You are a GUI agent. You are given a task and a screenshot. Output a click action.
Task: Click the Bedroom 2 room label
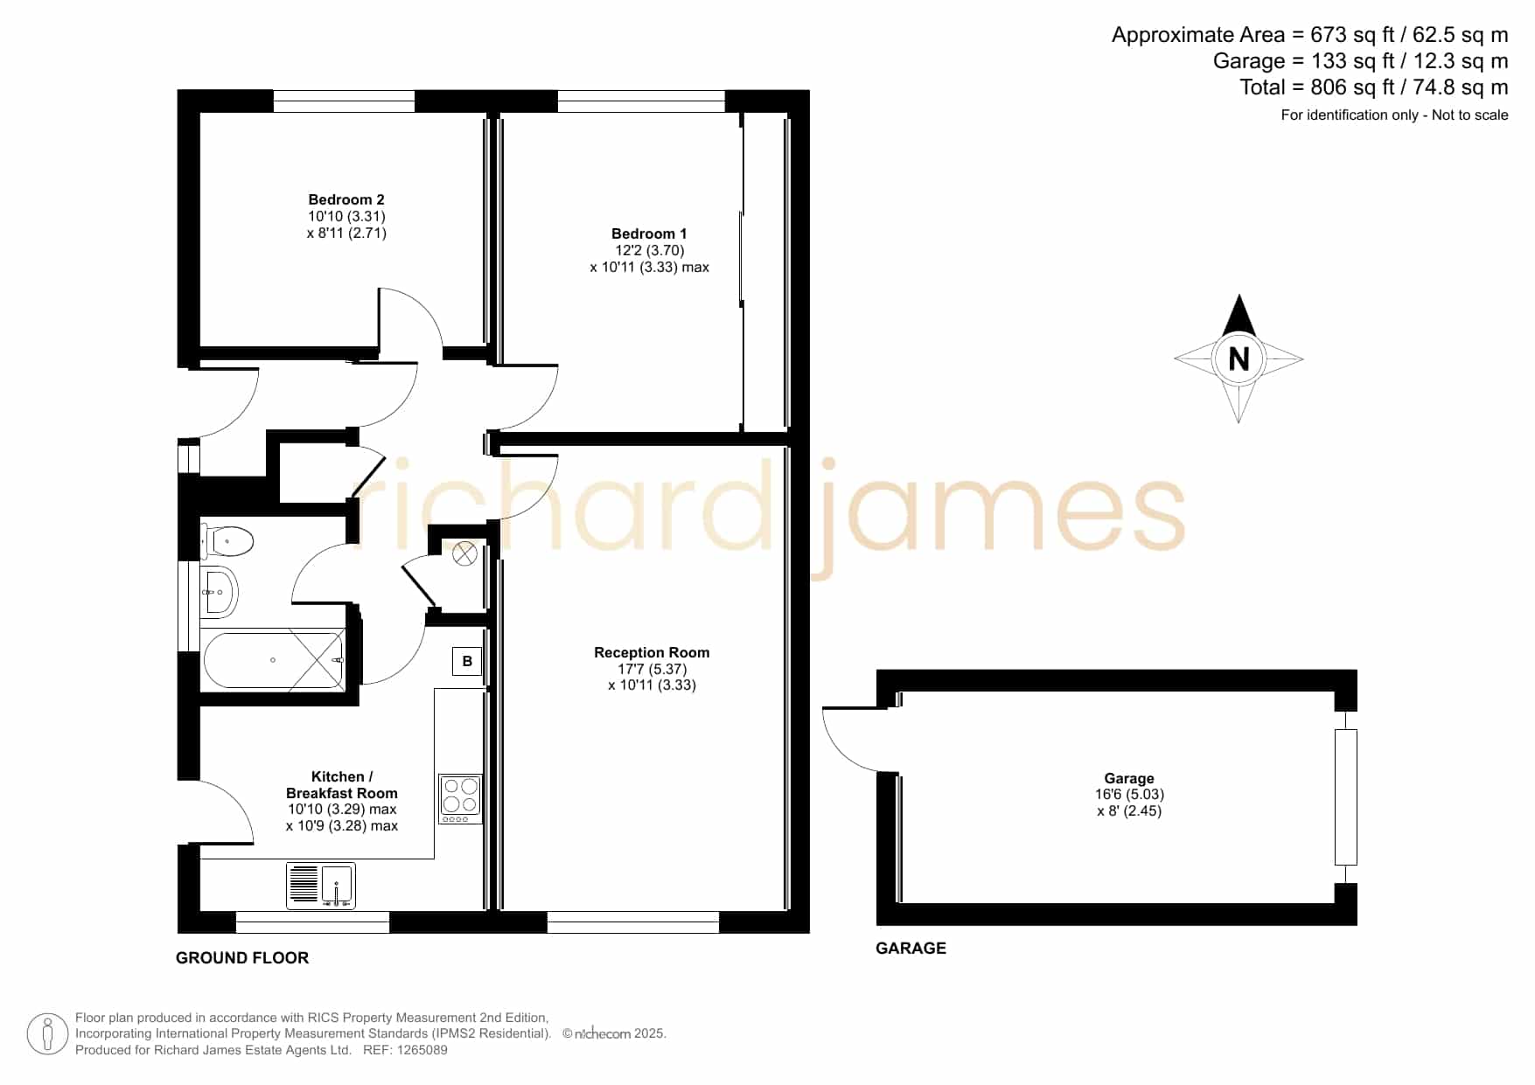point(346,199)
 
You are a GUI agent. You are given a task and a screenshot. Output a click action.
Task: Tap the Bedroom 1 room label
point(649,233)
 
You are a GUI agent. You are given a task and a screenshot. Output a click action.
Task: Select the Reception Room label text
point(652,652)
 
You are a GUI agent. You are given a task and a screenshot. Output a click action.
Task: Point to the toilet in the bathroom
point(227,541)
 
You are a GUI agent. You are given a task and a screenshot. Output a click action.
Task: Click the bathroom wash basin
point(219,592)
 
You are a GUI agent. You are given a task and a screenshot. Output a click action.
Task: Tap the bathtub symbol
point(274,660)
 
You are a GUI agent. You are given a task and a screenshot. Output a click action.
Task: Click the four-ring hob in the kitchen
point(460,798)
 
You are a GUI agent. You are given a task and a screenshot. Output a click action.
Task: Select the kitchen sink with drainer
point(321,885)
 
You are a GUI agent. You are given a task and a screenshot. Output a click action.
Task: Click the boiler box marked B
point(467,661)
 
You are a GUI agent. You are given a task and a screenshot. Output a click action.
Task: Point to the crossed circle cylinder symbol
point(464,553)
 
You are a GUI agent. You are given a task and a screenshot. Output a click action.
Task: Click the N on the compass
point(1238,358)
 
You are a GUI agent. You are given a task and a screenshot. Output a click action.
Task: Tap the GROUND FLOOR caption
point(242,958)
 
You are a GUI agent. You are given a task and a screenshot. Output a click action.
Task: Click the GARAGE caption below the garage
point(911,948)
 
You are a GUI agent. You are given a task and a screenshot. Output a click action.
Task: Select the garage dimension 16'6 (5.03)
point(1129,795)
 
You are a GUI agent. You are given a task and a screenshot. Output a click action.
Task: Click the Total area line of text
point(1373,87)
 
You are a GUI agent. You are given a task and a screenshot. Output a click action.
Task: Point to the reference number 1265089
point(423,1050)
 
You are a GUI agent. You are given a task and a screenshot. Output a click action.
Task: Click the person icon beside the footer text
point(47,1034)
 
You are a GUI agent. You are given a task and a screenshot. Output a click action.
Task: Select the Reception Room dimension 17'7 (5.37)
point(652,669)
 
